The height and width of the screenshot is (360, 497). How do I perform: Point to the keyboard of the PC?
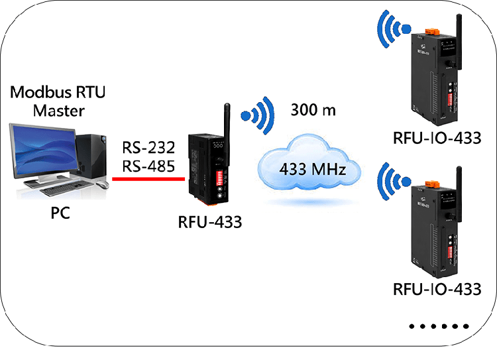pos(66,190)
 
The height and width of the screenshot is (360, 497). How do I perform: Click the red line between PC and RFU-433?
pos(148,178)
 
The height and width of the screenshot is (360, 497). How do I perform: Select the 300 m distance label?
pos(313,110)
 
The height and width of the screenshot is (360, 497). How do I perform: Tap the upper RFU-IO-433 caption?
pos(437,139)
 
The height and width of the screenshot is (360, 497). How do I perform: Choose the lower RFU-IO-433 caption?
pos(437,290)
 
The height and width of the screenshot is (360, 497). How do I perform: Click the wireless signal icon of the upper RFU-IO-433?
pos(393,29)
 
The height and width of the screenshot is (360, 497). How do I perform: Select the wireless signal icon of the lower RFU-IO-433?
pos(393,180)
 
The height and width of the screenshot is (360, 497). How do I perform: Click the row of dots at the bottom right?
pos(439,326)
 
